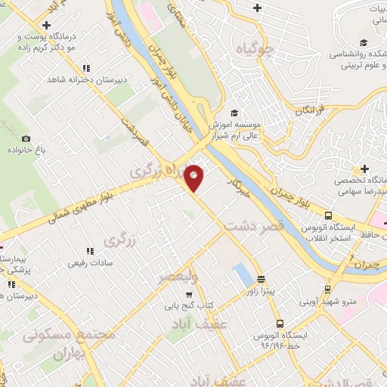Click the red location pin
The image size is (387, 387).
point(195,177)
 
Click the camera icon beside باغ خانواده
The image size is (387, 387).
point(26,138)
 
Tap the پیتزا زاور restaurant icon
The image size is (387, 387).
point(261,278)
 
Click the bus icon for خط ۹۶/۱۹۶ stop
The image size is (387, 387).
point(279,323)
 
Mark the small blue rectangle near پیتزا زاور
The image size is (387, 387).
point(242,274)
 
